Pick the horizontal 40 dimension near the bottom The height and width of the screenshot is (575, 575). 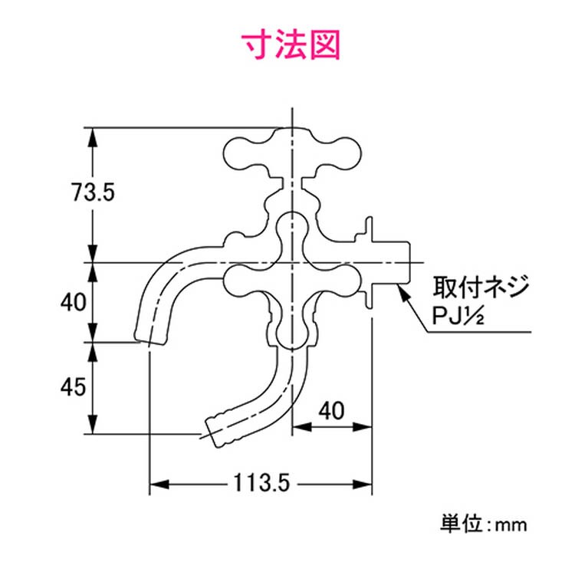click(330, 411)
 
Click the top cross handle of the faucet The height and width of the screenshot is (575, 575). click(289, 154)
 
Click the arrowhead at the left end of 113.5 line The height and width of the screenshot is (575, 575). click(153, 484)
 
